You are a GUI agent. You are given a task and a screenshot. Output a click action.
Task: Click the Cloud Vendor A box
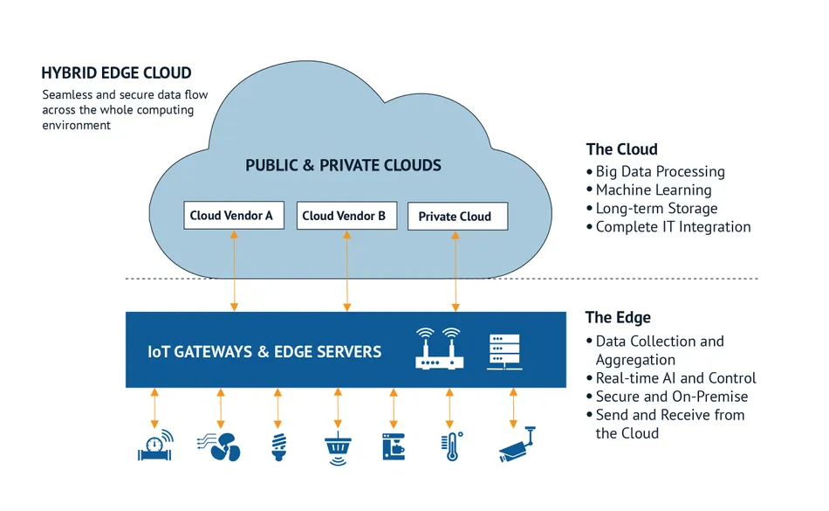[233, 215]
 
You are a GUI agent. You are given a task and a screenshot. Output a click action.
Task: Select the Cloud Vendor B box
[347, 215]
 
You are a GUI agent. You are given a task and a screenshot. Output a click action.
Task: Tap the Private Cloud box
[457, 217]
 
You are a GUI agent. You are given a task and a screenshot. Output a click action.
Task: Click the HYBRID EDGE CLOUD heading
[116, 73]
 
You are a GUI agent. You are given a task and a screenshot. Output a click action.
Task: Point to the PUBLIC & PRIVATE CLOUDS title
[343, 165]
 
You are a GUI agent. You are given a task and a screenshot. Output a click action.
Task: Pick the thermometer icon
[452, 445]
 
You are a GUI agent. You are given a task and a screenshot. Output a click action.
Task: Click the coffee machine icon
[394, 445]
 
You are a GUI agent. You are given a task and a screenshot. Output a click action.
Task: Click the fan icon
[220, 445]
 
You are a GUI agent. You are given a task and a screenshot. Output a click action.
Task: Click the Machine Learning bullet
[653, 190]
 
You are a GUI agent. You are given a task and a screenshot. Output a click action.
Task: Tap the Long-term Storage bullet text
[655, 208]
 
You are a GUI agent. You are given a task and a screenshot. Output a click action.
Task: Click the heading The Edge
[618, 317]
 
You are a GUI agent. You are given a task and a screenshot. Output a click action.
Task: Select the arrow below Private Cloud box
[455, 270]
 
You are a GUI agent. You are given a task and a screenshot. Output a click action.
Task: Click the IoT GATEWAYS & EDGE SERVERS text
[264, 352]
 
